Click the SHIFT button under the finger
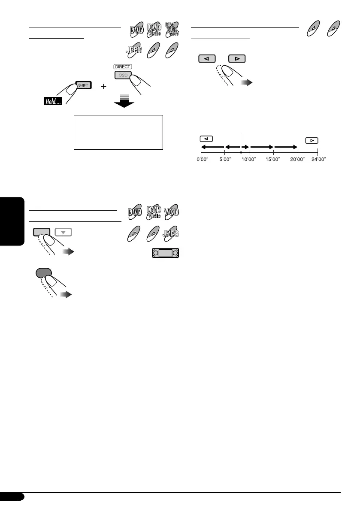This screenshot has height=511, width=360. [83, 85]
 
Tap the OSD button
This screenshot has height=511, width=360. [123, 75]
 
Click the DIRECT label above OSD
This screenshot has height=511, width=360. [123, 67]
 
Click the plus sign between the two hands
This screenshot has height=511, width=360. [103, 86]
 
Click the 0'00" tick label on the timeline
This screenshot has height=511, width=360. [202, 159]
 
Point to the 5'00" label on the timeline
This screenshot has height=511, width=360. [225, 159]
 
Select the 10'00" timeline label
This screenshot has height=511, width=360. [249, 159]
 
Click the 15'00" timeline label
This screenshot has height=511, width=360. [273, 159]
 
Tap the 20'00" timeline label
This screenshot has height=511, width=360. [298, 159]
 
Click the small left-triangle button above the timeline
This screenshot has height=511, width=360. [206, 139]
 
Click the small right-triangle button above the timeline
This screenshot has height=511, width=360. [312, 140]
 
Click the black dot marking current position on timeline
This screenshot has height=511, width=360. [242, 152]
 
